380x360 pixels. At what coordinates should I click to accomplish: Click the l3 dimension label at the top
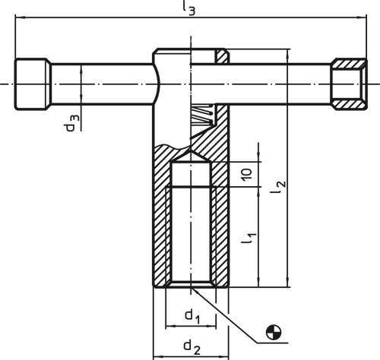[x=189, y=8]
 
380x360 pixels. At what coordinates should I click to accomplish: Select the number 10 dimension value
[x=247, y=174]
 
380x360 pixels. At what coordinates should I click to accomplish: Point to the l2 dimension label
[x=279, y=188]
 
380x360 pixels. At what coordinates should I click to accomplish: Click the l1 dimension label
[x=249, y=238]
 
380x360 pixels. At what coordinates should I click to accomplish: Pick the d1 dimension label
[x=192, y=317]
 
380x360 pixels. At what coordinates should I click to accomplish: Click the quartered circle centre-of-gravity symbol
[x=274, y=332]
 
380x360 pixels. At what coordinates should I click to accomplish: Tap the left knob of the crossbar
[x=33, y=84]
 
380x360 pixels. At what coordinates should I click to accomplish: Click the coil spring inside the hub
[x=203, y=115]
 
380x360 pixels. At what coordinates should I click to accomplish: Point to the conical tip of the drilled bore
[x=191, y=153]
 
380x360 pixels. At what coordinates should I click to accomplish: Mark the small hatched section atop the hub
[x=222, y=56]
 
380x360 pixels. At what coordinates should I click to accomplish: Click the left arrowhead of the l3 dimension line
[x=19, y=17]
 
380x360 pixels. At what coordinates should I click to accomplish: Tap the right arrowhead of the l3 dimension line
[x=363, y=17]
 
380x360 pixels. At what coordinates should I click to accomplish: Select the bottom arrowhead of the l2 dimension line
[x=287, y=283]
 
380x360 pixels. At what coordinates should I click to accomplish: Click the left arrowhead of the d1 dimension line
[x=169, y=327]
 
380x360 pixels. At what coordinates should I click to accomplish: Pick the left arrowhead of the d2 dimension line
[x=157, y=357]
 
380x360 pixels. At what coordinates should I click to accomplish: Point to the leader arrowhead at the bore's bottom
[x=195, y=291]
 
